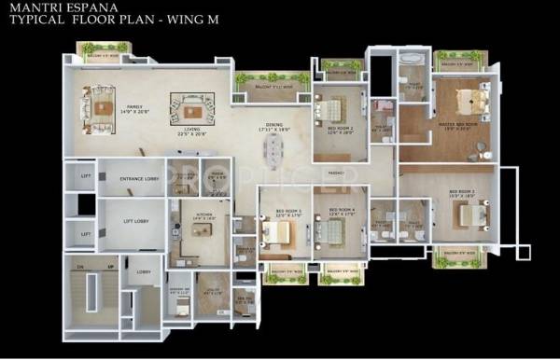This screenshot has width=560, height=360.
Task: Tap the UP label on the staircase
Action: pyautogui.click(x=111, y=266)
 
